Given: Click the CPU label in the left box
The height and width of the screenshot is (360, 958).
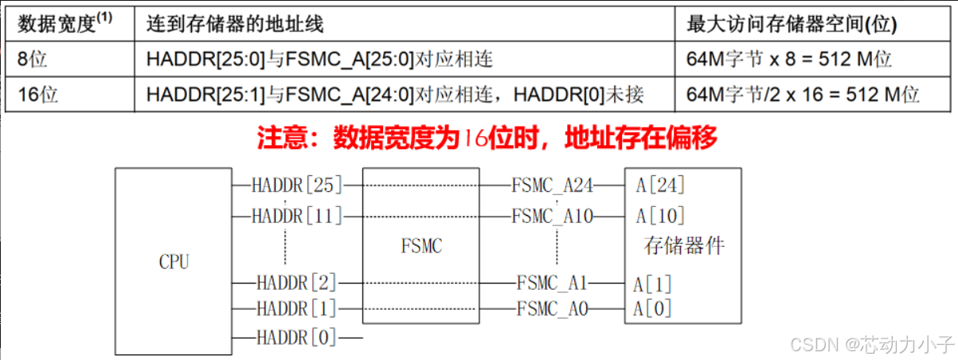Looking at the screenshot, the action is click(174, 262).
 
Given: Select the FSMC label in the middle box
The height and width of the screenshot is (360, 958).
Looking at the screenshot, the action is click(420, 245).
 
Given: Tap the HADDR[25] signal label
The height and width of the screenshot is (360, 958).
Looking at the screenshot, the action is click(297, 186).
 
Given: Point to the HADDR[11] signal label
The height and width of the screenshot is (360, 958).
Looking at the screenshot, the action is click(297, 215).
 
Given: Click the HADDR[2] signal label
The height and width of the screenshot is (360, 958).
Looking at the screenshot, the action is click(297, 282).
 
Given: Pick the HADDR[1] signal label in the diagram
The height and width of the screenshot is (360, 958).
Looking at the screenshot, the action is click(297, 308).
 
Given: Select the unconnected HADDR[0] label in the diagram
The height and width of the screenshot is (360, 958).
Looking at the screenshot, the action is click(297, 338).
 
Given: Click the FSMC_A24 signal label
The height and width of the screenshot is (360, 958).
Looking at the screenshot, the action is click(553, 186).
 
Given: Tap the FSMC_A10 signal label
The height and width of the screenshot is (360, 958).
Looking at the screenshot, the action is click(553, 215).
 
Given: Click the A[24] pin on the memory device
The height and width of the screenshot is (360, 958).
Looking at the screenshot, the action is click(660, 186).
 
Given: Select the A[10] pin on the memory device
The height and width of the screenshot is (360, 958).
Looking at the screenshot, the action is click(660, 216).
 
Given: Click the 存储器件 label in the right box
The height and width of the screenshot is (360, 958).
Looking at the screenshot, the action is click(683, 245).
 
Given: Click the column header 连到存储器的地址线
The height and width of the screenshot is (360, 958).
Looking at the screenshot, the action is click(236, 24).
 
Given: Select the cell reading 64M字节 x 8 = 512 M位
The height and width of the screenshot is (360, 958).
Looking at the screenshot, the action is click(788, 59).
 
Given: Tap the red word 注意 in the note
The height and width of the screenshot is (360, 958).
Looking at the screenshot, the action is click(280, 139).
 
